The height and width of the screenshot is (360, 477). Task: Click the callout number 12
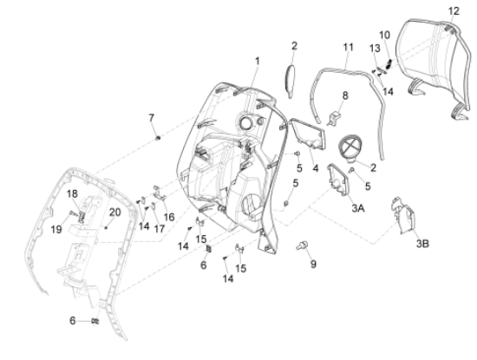pos(454,11)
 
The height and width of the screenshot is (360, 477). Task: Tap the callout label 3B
pos(422,244)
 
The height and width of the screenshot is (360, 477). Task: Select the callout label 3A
pos(358,208)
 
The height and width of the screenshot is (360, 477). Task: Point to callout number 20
pos(115,213)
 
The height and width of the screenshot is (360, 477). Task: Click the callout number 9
pos(313,264)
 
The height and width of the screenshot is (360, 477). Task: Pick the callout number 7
pos(151,118)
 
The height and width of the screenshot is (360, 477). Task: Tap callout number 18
pos(72,193)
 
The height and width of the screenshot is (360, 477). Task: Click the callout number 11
pos(349,48)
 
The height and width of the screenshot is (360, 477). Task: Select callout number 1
pos(258,62)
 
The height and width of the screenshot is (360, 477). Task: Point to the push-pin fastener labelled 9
pos(302,245)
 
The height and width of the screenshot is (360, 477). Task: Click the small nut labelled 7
pos(158,138)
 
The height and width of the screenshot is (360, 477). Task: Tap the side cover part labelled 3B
pos(403,215)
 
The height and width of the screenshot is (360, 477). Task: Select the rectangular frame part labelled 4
pos(308,134)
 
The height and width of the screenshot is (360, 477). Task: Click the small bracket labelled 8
pos(334,118)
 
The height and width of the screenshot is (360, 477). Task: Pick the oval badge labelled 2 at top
pos(291,81)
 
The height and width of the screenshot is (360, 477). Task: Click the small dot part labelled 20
pos(106,227)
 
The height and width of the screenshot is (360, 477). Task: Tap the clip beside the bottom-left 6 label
pos(95,321)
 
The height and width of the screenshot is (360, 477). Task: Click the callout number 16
pos(169,217)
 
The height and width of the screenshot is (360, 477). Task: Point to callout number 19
pos(56,230)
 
